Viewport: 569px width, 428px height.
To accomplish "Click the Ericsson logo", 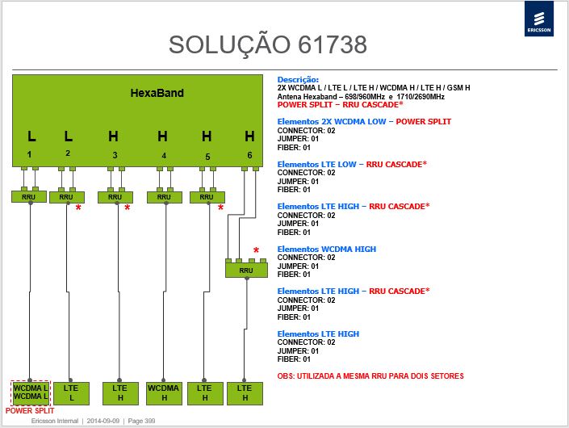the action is click(539, 18).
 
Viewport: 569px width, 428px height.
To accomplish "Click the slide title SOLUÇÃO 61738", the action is click(268, 44).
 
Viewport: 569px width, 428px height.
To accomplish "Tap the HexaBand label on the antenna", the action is click(157, 93).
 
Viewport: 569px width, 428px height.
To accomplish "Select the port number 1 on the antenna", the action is click(29, 155).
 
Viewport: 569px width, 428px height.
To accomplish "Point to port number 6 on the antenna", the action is click(249, 155).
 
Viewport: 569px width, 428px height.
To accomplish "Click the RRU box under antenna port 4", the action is click(165, 197).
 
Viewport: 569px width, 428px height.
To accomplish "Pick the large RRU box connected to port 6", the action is click(246, 271).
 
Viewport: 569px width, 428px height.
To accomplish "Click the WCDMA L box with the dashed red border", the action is click(31, 392).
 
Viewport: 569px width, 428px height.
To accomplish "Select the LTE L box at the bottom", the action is click(71, 393).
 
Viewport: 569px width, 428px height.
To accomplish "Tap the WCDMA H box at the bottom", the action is click(164, 393).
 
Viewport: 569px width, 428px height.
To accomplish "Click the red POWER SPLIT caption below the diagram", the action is click(30, 411).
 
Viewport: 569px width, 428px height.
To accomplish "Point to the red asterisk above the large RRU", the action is click(256, 251).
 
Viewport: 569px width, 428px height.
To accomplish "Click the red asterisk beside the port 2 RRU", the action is click(78, 208).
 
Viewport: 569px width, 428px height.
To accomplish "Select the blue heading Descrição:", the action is click(298, 79).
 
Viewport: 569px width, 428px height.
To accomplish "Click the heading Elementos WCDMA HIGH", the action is click(327, 249).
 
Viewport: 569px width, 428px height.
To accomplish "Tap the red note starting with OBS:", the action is click(370, 376).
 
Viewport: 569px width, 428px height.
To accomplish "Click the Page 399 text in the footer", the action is click(141, 421).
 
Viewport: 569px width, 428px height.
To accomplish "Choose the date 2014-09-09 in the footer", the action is click(103, 421).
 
